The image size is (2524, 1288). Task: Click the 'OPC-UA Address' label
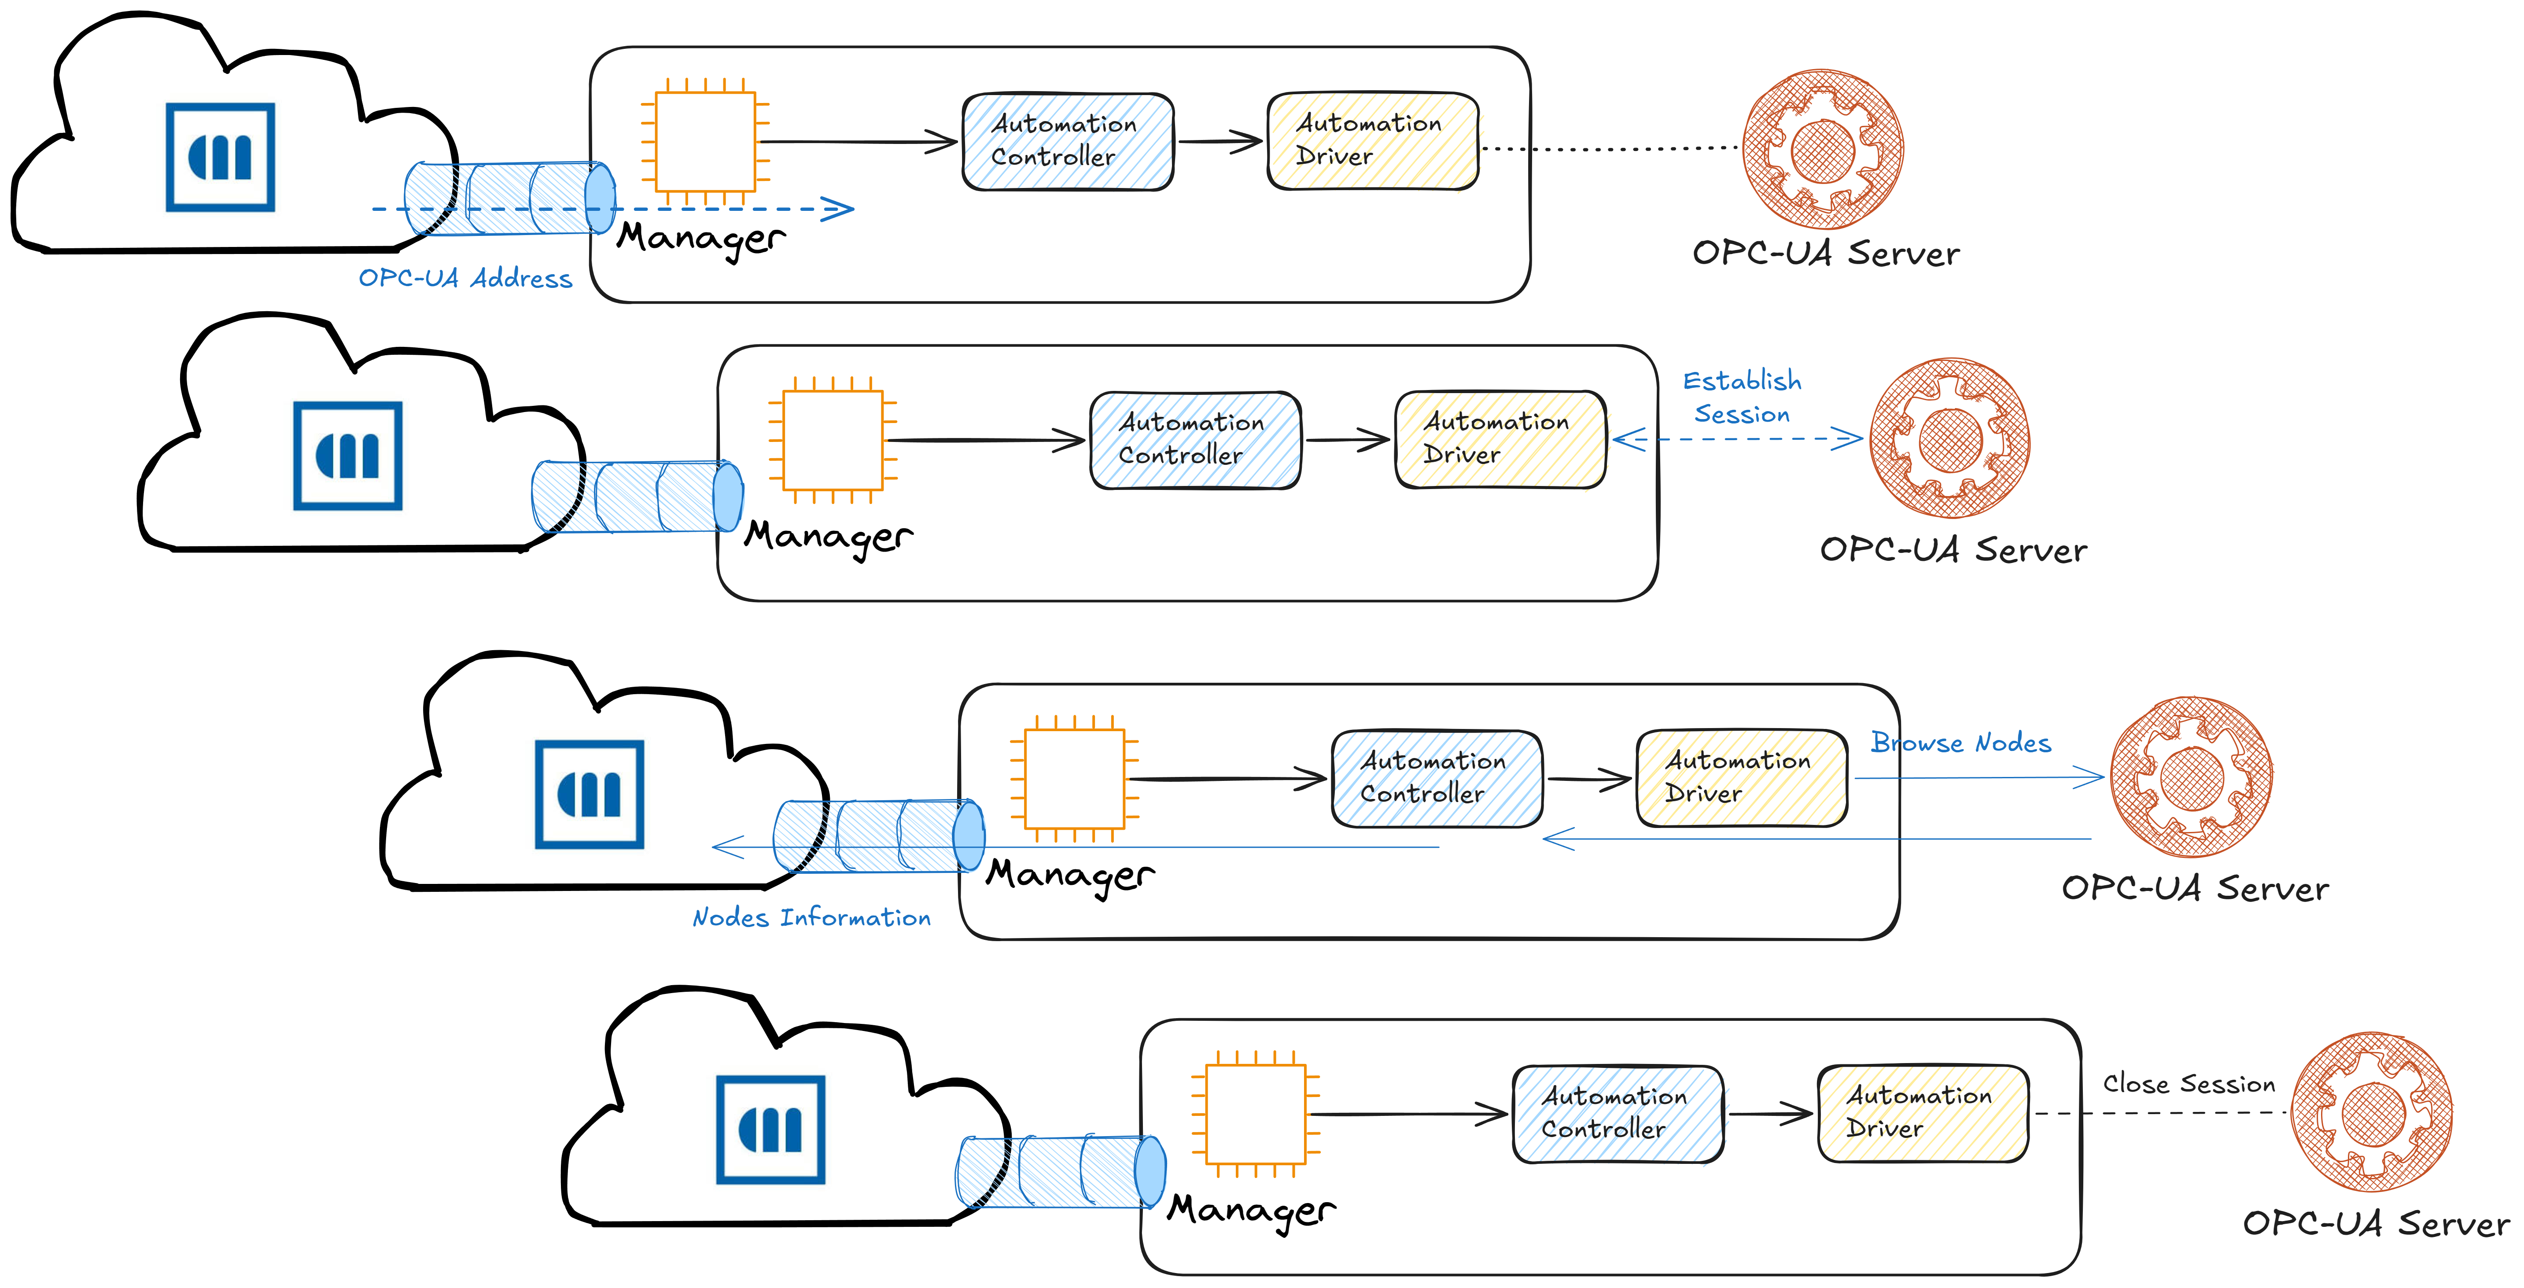point(465,278)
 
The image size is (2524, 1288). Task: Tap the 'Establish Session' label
point(1742,397)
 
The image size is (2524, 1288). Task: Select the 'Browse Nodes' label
point(1960,743)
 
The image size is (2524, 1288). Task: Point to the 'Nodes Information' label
point(811,918)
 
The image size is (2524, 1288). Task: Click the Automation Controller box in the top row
point(1068,142)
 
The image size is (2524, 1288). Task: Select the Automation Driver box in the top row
point(1373,141)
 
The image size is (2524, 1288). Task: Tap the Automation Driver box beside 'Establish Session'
point(1500,440)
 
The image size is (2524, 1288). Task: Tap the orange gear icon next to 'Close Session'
point(2372,1111)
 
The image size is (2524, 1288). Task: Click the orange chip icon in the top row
point(705,142)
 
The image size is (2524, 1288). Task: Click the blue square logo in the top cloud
point(221,157)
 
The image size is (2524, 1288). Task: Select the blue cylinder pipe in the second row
point(637,497)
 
